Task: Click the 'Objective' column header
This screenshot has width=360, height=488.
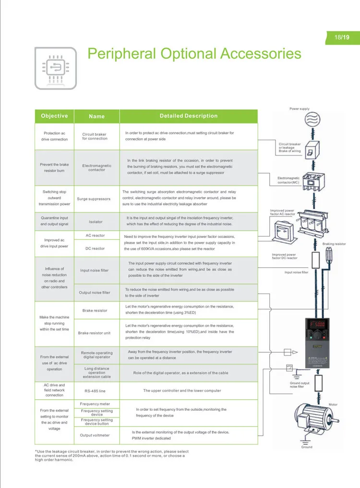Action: [54, 116]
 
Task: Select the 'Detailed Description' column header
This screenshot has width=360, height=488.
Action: [188, 116]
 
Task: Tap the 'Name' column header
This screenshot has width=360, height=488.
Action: [96, 116]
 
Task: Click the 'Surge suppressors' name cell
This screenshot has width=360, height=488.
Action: [94, 199]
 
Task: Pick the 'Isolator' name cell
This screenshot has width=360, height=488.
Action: [96, 222]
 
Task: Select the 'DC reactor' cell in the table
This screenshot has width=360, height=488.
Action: [95, 249]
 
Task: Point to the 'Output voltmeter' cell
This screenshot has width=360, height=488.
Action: [95, 435]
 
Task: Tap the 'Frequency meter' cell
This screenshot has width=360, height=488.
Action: [95, 404]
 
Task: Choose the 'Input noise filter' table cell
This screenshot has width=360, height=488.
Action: [94, 271]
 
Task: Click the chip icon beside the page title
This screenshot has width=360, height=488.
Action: [55, 68]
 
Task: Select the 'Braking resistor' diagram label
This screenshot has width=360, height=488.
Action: [334, 244]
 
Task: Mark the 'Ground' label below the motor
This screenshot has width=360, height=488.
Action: [307, 447]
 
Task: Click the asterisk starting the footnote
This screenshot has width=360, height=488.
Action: [36, 452]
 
